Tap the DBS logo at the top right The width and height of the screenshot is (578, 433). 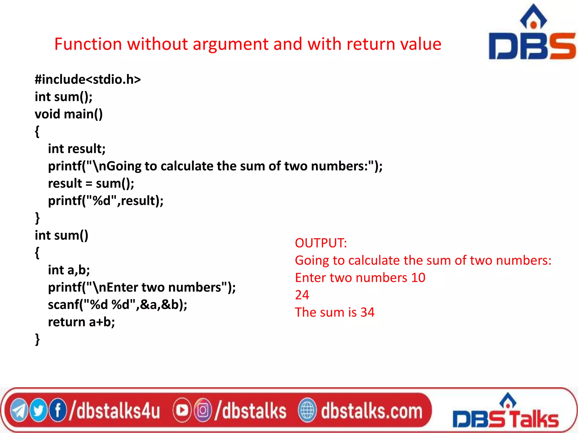pyautogui.click(x=532, y=34)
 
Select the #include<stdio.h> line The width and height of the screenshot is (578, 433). pyautogui.click(x=88, y=79)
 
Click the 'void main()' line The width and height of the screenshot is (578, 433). pyautogui.click(x=69, y=114)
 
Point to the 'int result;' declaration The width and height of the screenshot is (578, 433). pyautogui.click(x=77, y=149)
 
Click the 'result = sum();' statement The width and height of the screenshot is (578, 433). pyautogui.click(x=91, y=184)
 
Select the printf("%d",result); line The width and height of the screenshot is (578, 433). pyautogui.click(x=106, y=201)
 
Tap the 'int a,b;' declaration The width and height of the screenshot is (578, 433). pyautogui.click(x=69, y=270)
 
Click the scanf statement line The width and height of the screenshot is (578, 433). pyautogui.click(x=117, y=305)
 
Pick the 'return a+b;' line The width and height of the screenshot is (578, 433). pyautogui.click(x=81, y=322)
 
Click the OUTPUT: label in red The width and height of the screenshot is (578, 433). pyautogui.click(x=321, y=243)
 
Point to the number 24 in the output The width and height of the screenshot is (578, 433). pyautogui.click(x=302, y=295)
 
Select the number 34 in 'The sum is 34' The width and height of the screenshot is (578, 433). pyautogui.click(x=367, y=312)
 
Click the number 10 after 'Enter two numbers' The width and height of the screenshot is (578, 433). pyautogui.click(x=418, y=278)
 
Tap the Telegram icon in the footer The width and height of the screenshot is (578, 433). pyautogui.click(x=19, y=410)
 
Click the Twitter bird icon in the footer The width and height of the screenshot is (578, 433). pyautogui.click(x=38, y=410)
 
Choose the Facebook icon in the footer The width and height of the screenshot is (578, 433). pyautogui.click(x=58, y=410)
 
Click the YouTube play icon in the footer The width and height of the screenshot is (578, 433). pyautogui.click(x=182, y=410)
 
